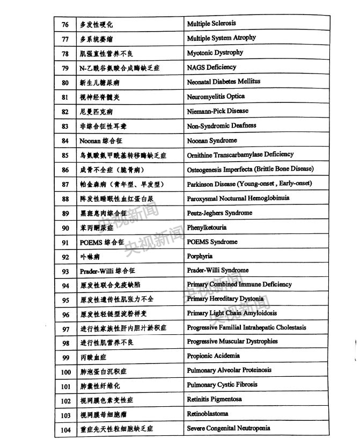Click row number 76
point(65,25)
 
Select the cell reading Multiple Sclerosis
point(211,24)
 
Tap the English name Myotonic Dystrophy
point(215,53)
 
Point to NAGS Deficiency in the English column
point(211,67)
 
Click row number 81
point(65,97)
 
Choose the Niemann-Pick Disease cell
point(217,111)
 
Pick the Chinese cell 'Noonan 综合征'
point(101,141)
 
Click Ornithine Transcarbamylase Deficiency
point(240,155)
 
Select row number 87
point(65,184)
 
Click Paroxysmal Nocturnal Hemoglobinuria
point(238,198)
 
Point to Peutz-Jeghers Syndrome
point(219,213)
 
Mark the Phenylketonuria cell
point(207,228)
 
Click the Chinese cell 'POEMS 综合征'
point(102,242)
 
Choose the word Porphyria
point(200,257)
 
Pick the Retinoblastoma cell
point(207,414)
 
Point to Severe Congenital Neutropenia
point(228,428)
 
